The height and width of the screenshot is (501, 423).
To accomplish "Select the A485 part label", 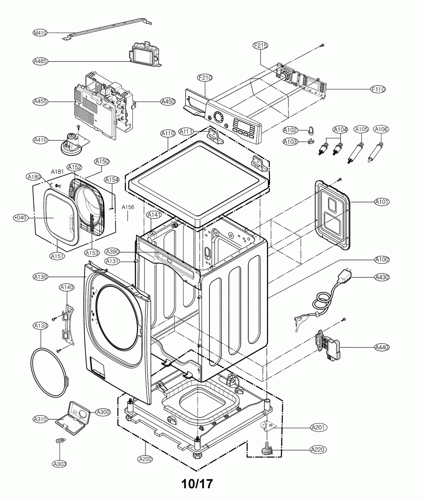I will [x=40, y=61].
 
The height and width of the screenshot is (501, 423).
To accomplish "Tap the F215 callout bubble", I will [x=260, y=46].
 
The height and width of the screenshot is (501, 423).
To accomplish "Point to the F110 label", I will [x=378, y=89].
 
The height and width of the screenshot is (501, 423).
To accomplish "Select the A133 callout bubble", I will [x=41, y=326].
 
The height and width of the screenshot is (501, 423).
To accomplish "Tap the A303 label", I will [x=60, y=464].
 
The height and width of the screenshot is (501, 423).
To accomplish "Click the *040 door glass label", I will [x=20, y=218].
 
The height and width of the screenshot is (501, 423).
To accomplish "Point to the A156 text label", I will [x=127, y=208].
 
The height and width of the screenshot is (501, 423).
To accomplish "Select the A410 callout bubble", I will [x=40, y=140].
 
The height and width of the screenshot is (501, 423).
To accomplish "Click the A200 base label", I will [x=145, y=459].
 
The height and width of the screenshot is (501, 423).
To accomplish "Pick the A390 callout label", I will [x=113, y=251].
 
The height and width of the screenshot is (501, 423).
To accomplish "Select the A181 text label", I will [x=57, y=172].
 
